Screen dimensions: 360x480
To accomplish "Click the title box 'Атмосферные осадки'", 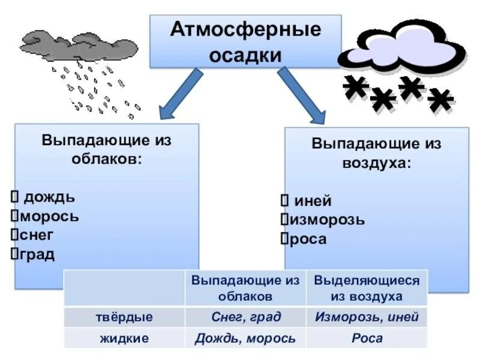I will point(245,41).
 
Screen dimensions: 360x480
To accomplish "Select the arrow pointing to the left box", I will point(181,92).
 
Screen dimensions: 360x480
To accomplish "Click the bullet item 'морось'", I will point(49,216).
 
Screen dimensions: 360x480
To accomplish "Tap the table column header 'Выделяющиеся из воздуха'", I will point(367,288).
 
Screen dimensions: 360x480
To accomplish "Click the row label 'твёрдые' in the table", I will point(124,317).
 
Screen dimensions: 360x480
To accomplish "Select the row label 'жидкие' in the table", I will point(124,338).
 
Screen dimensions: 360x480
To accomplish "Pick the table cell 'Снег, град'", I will point(246,317).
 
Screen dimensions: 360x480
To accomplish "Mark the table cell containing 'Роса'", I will point(367,338).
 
